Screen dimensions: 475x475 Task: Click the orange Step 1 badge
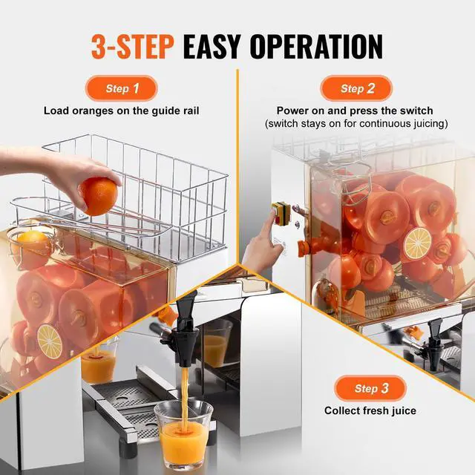[122, 88]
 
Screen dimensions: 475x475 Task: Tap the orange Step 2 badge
[356, 88]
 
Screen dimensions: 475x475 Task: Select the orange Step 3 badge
[370, 388]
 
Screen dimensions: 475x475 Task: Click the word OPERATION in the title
[317, 46]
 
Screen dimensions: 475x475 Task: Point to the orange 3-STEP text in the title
[132, 46]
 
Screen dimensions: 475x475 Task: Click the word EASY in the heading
[212, 46]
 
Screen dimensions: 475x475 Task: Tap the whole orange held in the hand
[99, 196]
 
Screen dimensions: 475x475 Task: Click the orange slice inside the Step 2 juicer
[418, 243]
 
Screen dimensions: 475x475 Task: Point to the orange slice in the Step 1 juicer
[50, 341]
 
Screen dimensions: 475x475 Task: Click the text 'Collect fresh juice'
[370, 410]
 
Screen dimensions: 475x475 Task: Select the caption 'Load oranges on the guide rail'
[122, 111]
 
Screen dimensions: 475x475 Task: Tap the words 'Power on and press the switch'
[355, 111]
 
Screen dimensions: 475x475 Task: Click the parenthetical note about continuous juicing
[356, 124]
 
